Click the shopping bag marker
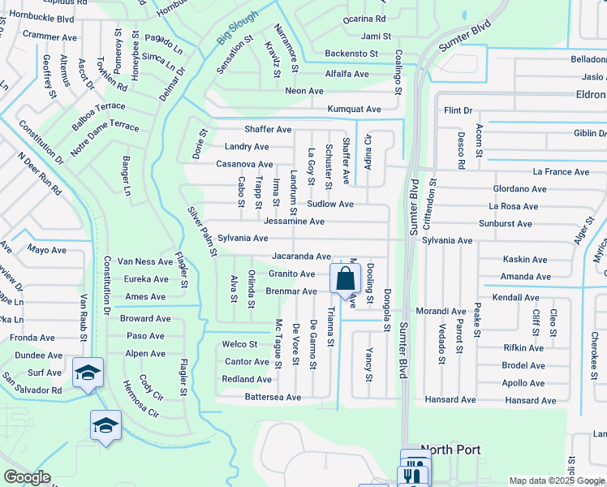tap(345, 278)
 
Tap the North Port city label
tap(450, 450)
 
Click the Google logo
tap(27, 477)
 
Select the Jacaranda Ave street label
tap(301, 256)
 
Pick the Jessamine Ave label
tap(294, 221)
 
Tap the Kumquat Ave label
tap(354, 109)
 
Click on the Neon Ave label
tap(304, 91)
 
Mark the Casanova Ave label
tap(243, 164)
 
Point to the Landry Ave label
tap(247, 147)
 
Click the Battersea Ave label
tap(273, 398)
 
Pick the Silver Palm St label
tap(202, 231)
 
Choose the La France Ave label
tap(561, 172)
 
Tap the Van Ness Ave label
tap(144, 261)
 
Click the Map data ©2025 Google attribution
tap(557, 481)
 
